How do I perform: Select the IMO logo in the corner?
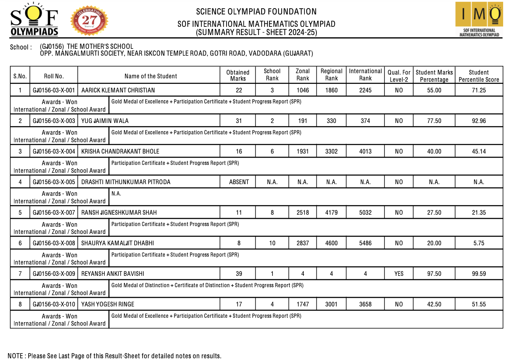479,19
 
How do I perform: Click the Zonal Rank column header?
302,75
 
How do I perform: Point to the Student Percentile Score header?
478,76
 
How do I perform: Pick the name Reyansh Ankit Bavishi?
113,274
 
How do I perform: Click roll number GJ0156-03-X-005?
54,182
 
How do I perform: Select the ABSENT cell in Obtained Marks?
239,182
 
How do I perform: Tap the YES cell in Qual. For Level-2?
399,274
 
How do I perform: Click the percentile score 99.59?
478,274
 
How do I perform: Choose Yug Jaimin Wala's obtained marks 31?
239,121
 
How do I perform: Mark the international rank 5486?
365,243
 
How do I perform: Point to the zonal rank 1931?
302,151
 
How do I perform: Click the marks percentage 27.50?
434,213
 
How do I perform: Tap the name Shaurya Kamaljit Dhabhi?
117,243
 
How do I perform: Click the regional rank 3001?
331,304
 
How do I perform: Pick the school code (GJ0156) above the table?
52,46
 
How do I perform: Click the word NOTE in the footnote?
15,356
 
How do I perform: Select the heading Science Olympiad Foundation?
256,12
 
